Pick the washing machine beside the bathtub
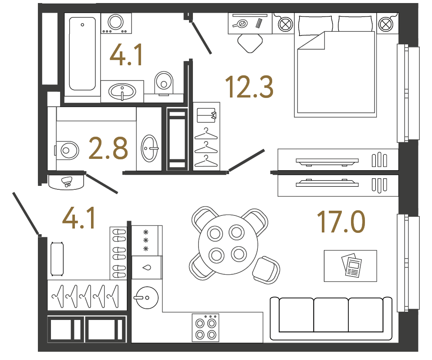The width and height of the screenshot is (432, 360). (116, 23)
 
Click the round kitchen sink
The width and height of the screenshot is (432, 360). (146, 298)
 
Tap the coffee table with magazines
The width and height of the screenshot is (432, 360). (350, 266)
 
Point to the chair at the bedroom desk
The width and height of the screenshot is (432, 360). (250, 42)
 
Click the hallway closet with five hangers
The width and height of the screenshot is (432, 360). (86, 296)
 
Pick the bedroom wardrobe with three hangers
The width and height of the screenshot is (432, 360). (206, 136)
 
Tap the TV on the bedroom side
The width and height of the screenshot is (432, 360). (327, 161)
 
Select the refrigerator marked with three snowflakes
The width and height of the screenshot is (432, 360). (147, 240)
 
